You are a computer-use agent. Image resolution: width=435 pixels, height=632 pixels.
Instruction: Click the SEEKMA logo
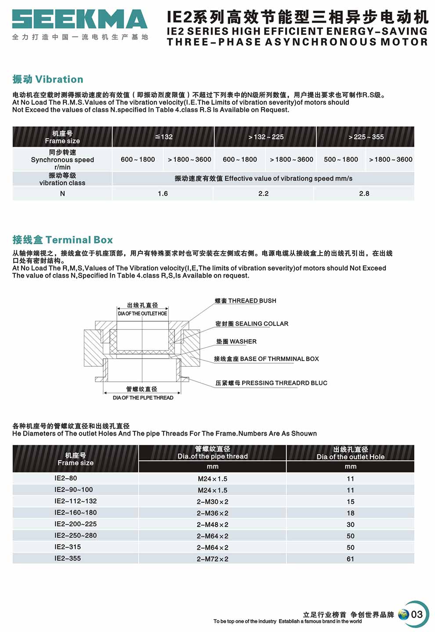coord(80,20)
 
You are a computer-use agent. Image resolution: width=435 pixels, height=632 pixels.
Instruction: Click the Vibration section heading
coord(48,79)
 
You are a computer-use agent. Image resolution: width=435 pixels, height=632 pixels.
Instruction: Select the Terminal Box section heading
coord(63,240)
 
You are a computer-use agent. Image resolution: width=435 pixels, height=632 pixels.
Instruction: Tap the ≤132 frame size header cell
coord(163,137)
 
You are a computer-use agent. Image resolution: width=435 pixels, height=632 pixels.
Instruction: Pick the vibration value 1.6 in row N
coord(163,194)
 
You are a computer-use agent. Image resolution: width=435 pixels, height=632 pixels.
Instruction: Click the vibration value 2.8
coord(364,194)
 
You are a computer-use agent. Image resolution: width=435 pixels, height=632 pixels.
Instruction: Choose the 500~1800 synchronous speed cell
coord(341,159)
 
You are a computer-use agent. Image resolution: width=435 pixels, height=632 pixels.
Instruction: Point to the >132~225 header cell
coord(265,137)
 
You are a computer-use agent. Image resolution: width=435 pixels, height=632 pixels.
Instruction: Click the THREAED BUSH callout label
coord(246,301)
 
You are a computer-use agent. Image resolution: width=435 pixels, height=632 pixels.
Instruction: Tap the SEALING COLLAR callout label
coord(252,324)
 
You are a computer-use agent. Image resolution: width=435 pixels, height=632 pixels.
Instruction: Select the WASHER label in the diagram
coord(236,342)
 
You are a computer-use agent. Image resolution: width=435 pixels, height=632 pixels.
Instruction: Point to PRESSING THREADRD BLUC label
coord(271,383)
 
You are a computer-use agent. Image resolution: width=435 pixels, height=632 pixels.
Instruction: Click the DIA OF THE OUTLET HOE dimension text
coord(142,314)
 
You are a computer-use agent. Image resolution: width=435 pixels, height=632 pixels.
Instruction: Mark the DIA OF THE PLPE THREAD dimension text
coord(143,398)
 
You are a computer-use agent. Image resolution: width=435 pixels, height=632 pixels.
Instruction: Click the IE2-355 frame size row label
coord(68,559)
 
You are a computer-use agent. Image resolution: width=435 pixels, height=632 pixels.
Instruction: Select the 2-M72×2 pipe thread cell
coord(213,559)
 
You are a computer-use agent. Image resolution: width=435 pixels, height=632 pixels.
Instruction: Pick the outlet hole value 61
coord(350,559)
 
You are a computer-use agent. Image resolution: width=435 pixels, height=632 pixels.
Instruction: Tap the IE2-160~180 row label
coord(76,513)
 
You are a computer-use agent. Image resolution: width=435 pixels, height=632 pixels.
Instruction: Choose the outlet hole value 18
coord(350,513)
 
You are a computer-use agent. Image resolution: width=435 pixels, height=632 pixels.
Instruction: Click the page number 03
coord(417,614)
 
